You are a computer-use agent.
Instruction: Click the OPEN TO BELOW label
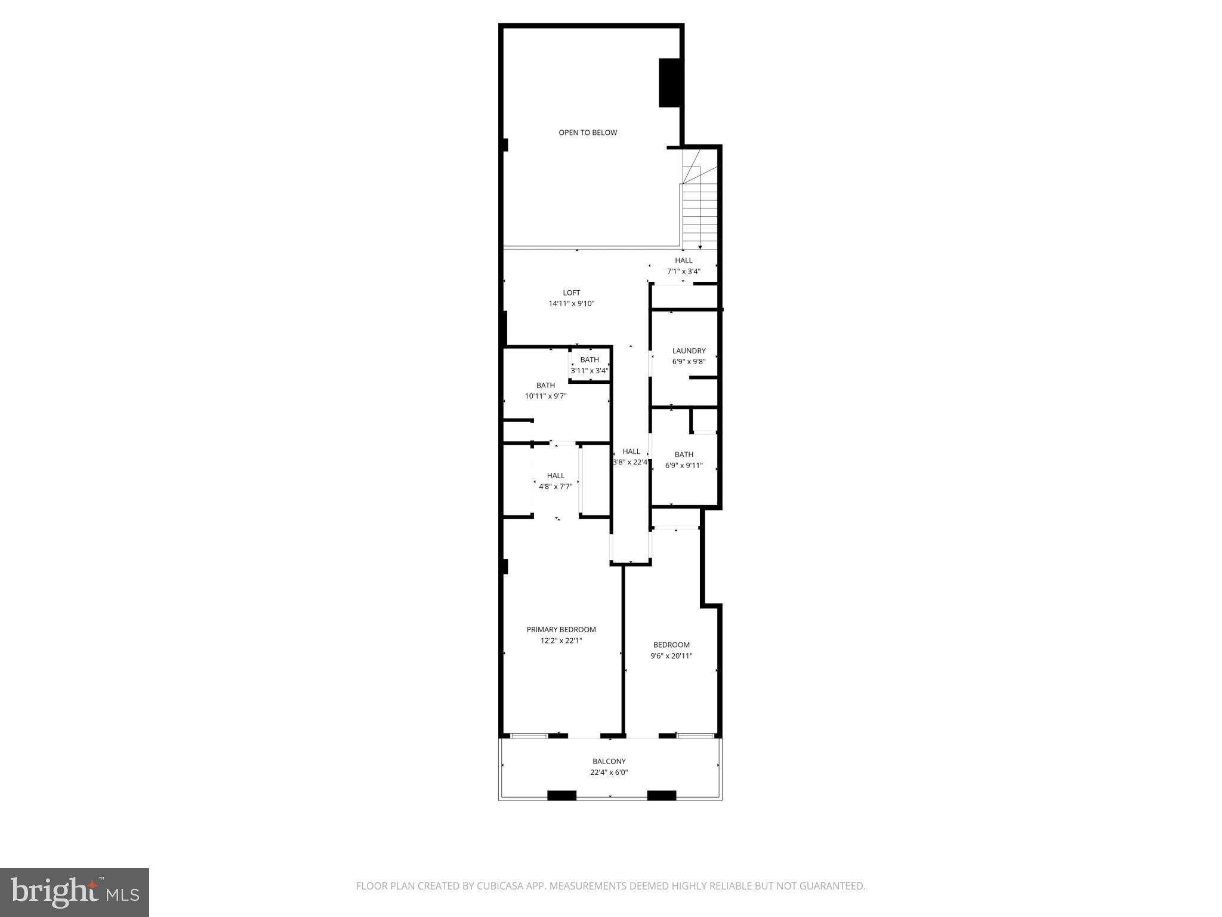point(588,133)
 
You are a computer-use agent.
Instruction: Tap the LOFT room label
point(572,293)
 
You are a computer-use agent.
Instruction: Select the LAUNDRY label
point(689,351)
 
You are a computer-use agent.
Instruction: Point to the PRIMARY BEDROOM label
point(561,629)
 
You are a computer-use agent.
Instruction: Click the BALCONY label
point(609,761)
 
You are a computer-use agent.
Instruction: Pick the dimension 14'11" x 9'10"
point(572,303)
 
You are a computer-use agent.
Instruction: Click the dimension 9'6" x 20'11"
point(671,656)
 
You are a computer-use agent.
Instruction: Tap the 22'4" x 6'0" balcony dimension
point(609,772)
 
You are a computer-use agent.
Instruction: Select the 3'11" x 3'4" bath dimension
point(590,370)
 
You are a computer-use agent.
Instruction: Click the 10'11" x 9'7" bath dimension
point(545,396)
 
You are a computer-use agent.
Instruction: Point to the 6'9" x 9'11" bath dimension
point(684,465)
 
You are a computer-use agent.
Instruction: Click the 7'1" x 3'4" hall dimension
point(683,271)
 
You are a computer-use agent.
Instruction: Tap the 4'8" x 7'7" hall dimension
point(556,486)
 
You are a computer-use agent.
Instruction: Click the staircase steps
point(700,215)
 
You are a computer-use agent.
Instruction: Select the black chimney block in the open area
point(669,83)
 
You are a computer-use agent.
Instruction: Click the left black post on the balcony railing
point(561,795)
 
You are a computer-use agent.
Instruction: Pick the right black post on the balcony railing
point(661,795)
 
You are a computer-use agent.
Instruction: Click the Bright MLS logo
point(75,892)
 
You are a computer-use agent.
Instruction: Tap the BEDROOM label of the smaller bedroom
point(671,645)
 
